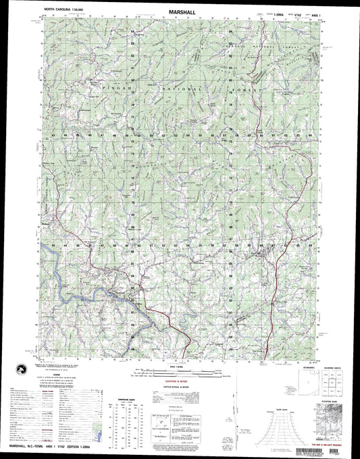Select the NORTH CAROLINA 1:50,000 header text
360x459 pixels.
point(66,12)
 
